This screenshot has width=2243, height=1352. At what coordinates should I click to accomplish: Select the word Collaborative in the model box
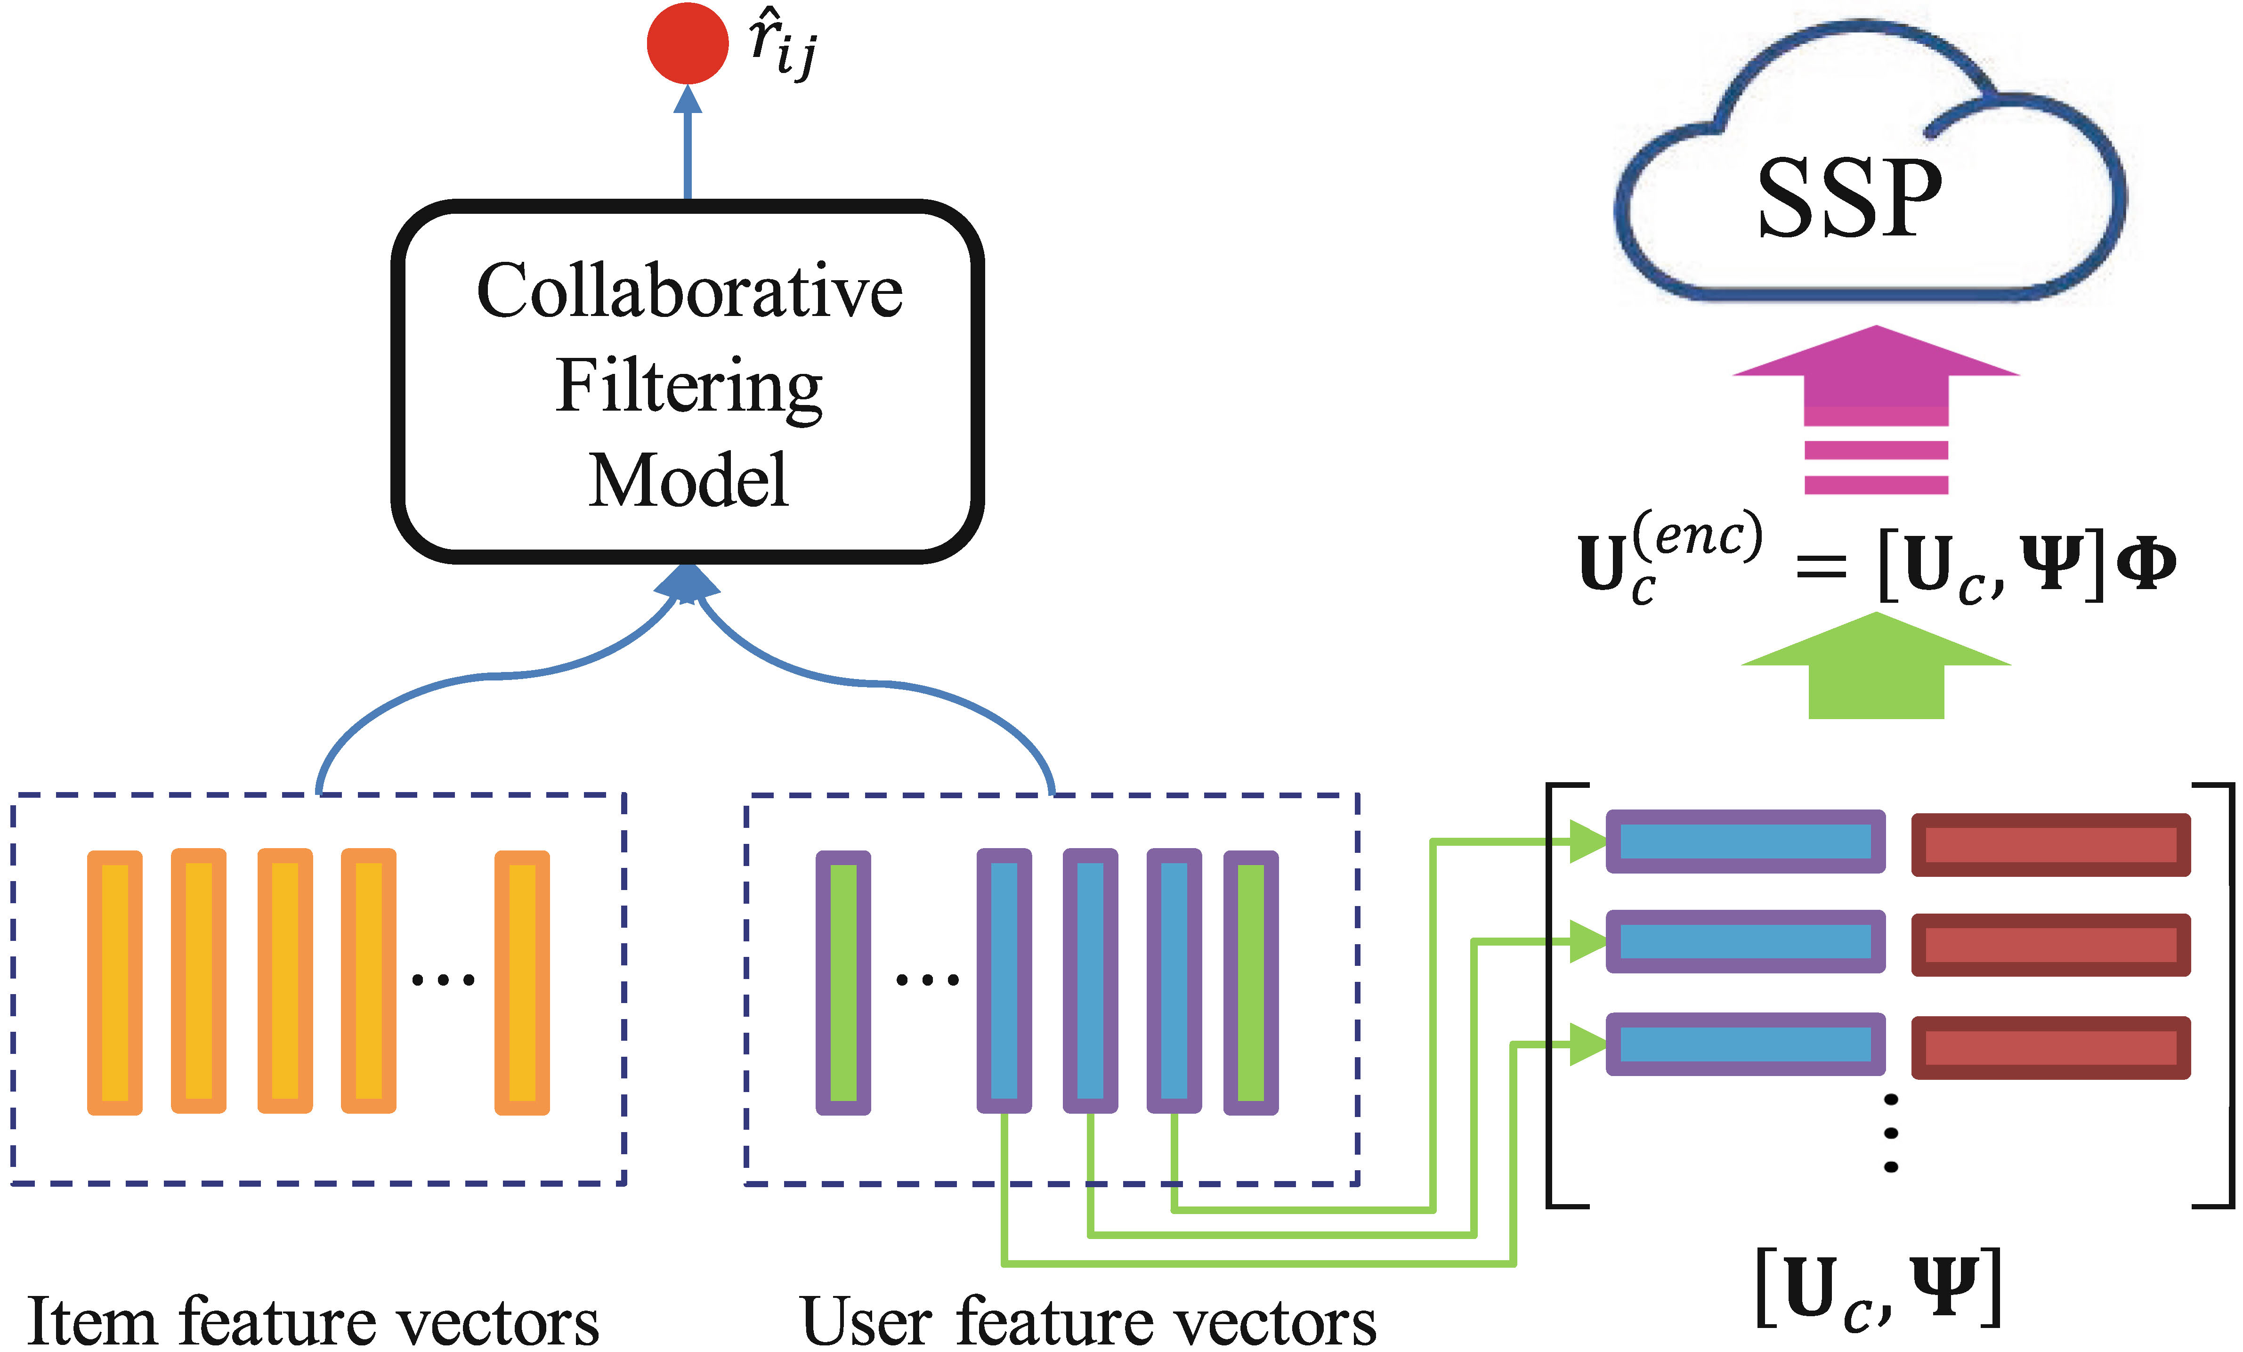click(x=689, y=291)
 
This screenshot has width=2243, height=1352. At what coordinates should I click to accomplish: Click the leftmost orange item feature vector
click(x=115, y=982)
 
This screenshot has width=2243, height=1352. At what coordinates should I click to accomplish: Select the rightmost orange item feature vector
click(x=522, y=982)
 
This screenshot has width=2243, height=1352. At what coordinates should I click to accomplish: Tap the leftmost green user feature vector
click(x=843, y=982)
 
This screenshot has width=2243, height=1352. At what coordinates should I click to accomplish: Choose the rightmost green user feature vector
click(x=1251, y=982)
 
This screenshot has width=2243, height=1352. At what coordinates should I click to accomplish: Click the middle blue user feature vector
click(x=1090, y=982)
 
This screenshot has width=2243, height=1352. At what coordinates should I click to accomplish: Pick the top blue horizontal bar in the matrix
click(x=1745, y=841)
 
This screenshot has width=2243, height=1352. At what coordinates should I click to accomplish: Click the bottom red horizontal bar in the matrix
click(x=2050, y=1048)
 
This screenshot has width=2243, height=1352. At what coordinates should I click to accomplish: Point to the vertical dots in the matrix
click(x=1891, y=1133)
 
